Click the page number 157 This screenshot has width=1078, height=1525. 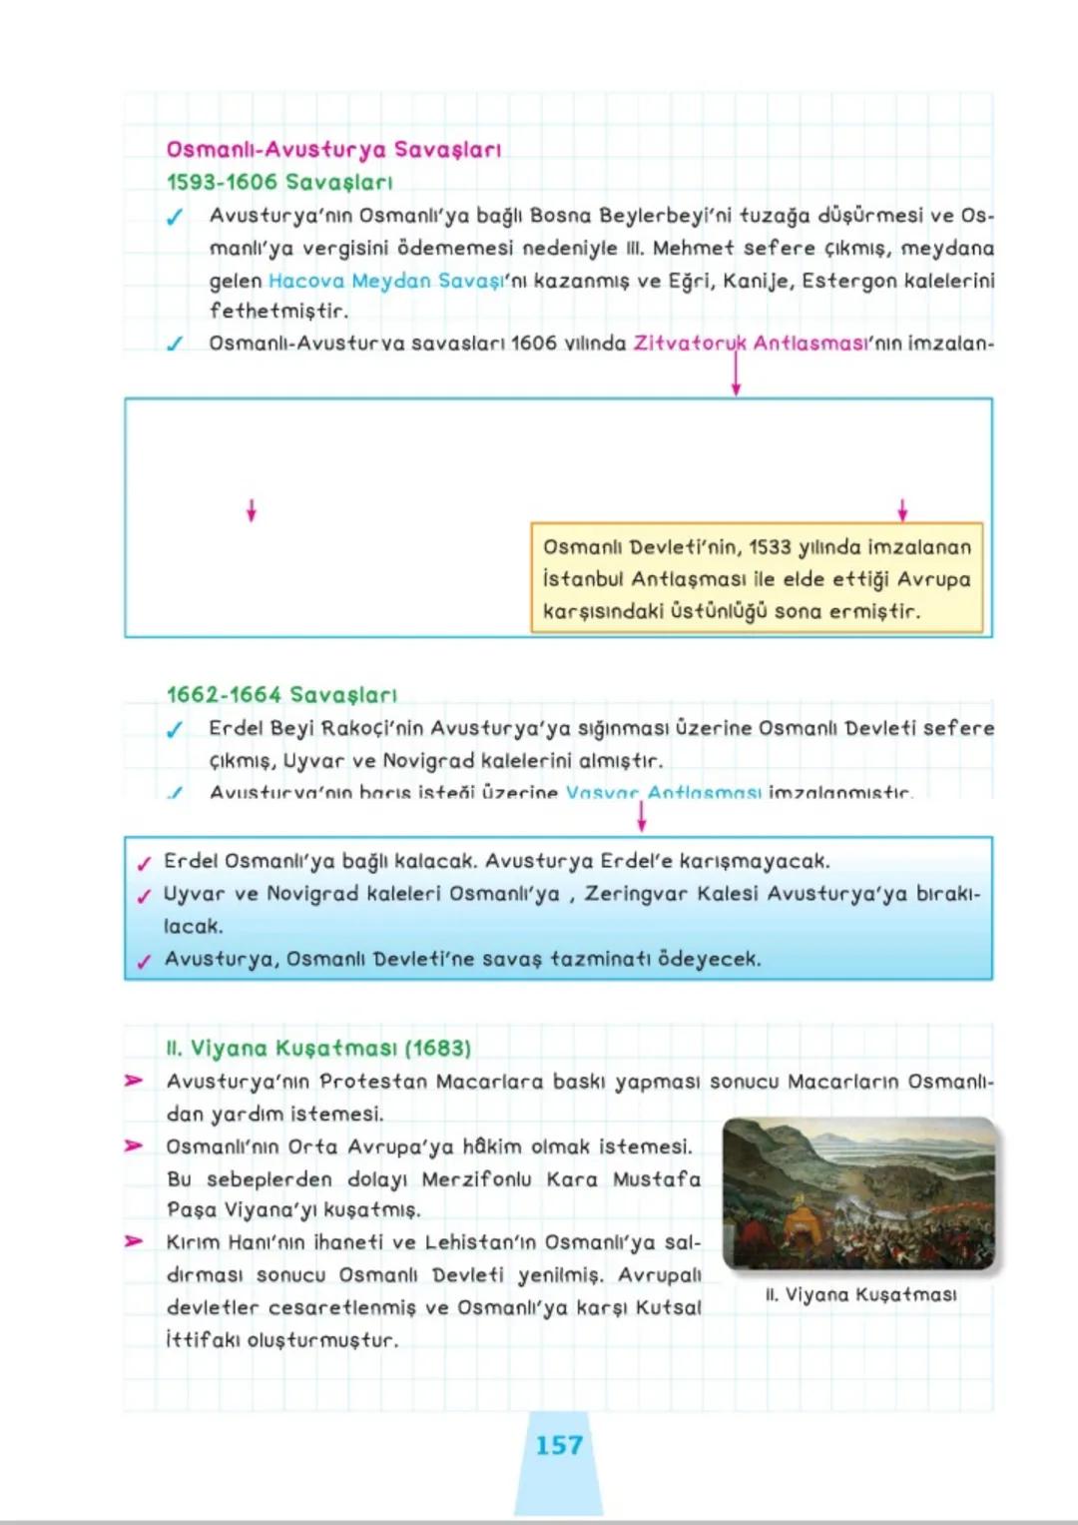pos(558,1445)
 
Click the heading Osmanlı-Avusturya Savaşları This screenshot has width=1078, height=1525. pos(333,150)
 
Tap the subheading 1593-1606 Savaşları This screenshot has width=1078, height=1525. pos(279,182)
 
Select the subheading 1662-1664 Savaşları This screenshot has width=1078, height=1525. pos(281,694)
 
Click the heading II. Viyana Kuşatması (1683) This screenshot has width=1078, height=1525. pos(318,1048)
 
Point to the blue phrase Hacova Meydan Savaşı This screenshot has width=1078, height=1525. pos(386,281)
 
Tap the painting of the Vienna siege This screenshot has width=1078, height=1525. pos(860,1193)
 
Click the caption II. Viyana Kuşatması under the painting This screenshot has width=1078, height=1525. pos(860,1295)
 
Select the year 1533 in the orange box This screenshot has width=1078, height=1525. pos(770,547)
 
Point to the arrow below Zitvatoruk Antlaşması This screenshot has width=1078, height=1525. pos(736,377)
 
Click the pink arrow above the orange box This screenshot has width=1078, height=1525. pos(902,510)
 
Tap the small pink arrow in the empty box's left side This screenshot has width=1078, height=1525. pos(252,510)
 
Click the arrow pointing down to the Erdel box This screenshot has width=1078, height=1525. pos(641,817)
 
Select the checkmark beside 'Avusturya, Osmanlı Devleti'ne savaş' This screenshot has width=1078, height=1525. pos(145,961)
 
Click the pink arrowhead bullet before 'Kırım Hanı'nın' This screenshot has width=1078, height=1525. pos(134,1241)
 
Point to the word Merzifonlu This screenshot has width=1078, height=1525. pos(476,1179)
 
